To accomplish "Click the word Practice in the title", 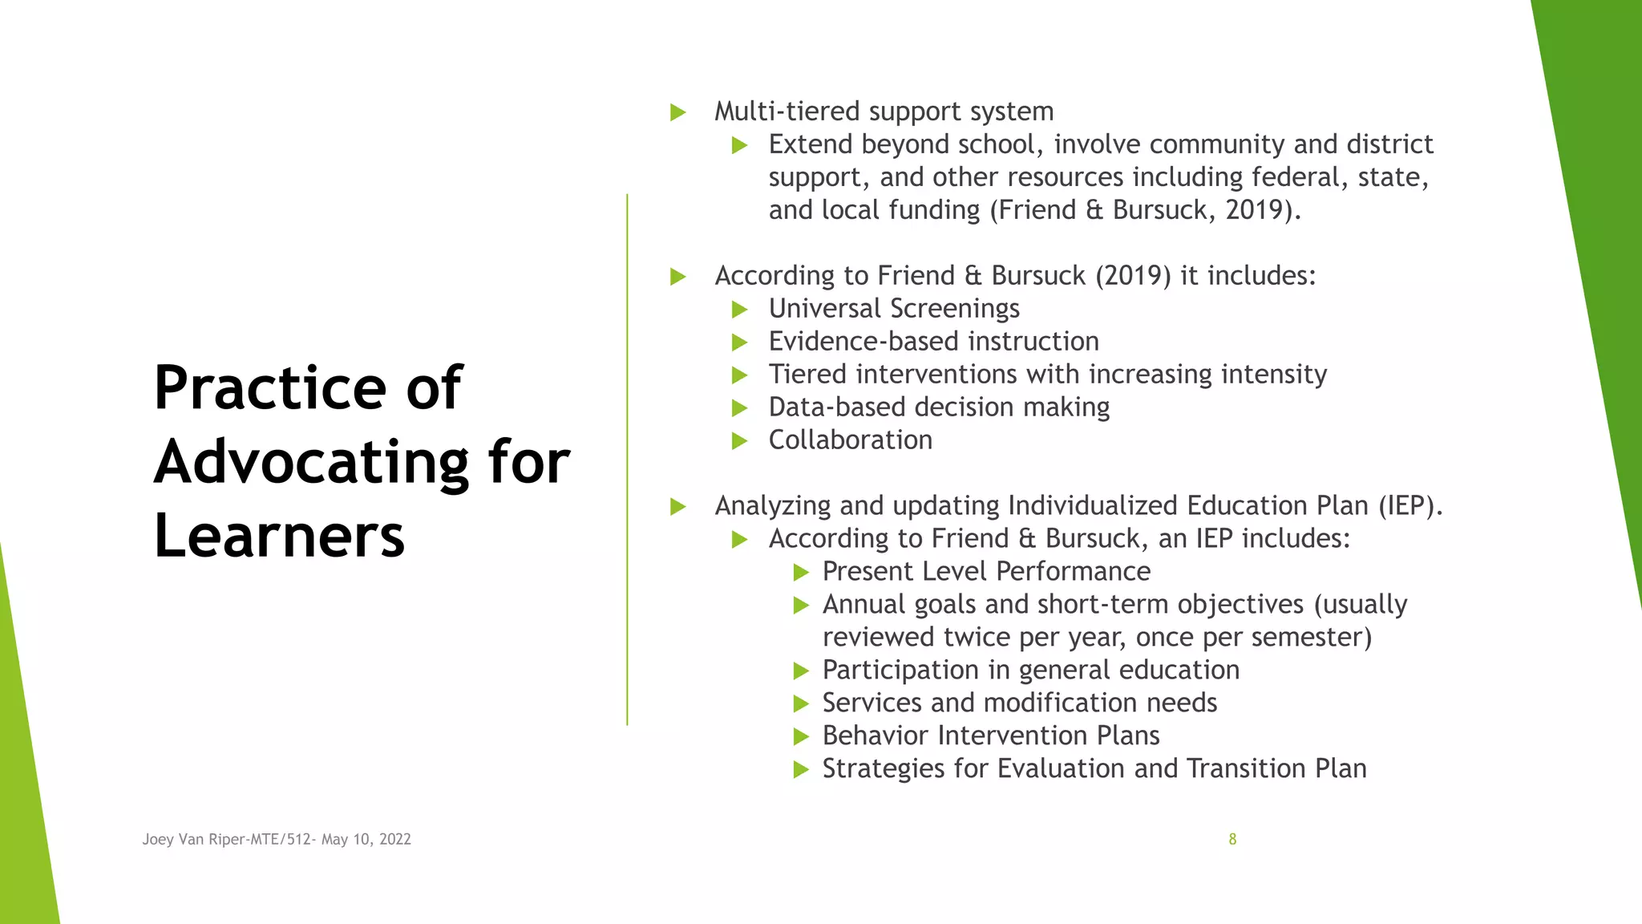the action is [270, 387].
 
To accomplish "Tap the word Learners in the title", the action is [279, 536].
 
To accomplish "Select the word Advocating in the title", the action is [311, 464].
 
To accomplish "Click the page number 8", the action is [1232, 839].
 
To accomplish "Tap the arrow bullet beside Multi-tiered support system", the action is [678, 112].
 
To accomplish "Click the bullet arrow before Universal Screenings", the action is [740, 310].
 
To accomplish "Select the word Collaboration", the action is [851, 440].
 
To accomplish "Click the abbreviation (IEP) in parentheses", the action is [1410, 505].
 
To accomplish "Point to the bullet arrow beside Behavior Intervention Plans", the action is [801, 736].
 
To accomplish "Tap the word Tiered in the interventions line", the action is [807, 374].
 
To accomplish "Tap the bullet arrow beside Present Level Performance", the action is [801, 572].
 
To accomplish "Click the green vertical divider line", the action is [627, 460].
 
